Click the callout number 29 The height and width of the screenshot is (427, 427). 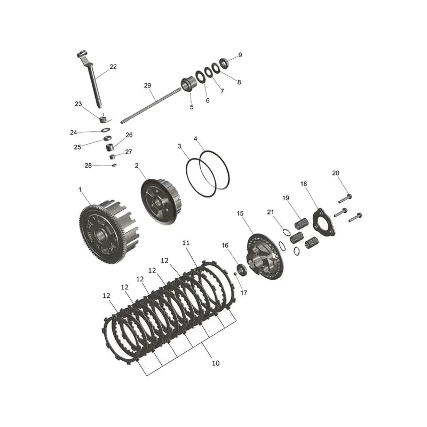tap(147, 85)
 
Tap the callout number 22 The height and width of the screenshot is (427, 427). tap(113, 66)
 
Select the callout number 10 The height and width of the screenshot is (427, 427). tap(216, 363)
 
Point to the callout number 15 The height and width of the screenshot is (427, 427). tap(240, 213)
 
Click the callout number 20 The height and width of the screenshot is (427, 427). tap(336, 173)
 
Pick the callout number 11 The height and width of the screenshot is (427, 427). tap(186, 243)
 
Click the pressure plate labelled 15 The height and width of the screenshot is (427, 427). tap(265, 257)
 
